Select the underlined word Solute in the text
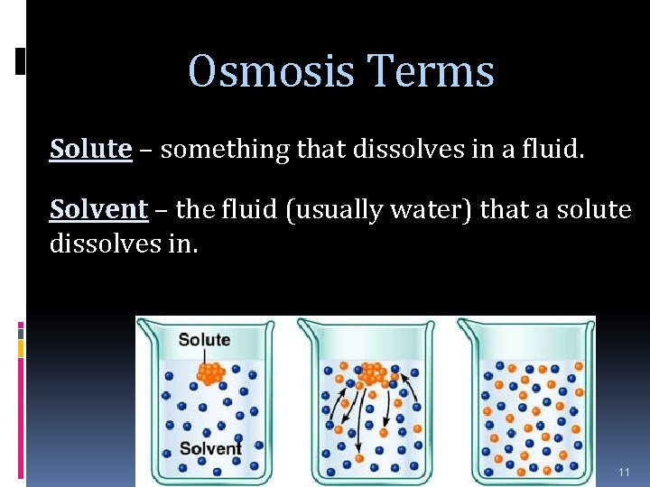pos(90,149)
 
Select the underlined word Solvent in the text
pos(98,209)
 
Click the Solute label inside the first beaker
pos(204,340)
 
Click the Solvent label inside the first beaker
pos(210,448)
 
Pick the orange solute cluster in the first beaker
pos(210,372)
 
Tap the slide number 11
pos(624,473)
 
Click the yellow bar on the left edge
pos(21,345)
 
